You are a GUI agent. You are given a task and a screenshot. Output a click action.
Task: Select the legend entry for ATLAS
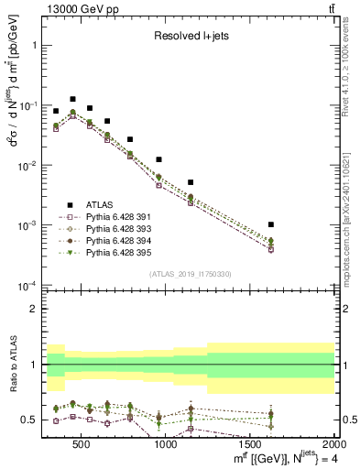pyautogui.click(x=102, y=205)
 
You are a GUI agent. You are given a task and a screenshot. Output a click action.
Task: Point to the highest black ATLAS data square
pyautogui.click(x=72, y=99)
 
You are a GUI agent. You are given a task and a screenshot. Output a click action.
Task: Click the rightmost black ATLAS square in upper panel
pyautogui.click(x=270, y=224)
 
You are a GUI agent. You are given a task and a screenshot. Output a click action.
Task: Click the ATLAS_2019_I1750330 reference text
pyautogui.click(x=191, y=274)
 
